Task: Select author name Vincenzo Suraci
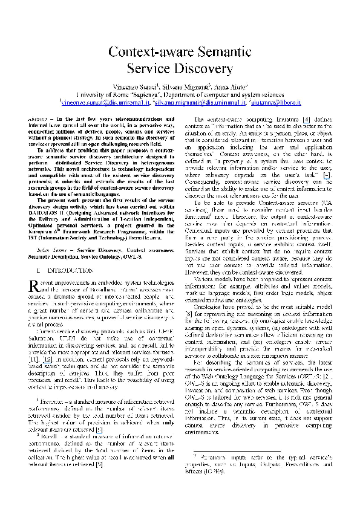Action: pos(134,87)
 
